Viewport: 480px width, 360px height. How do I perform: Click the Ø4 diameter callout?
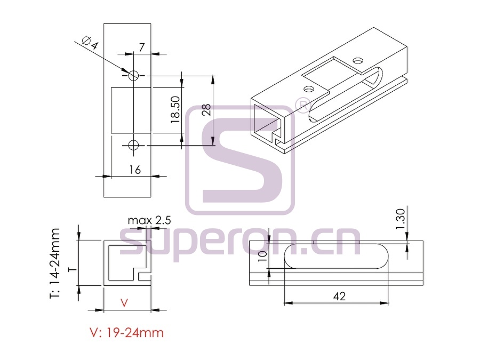(91, 43)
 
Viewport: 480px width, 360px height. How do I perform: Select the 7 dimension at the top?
(141, 47)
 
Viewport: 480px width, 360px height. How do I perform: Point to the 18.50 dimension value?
(175, 110)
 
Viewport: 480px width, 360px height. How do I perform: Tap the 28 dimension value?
(206, 110)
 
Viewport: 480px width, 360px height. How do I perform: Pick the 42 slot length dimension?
(339, 296)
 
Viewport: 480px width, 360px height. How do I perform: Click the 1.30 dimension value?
(400, 219)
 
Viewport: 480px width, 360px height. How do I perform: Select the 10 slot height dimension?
(262, 256)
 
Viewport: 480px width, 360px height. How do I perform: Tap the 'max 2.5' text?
(149, 220)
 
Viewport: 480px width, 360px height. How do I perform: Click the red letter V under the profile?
(124, 303)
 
